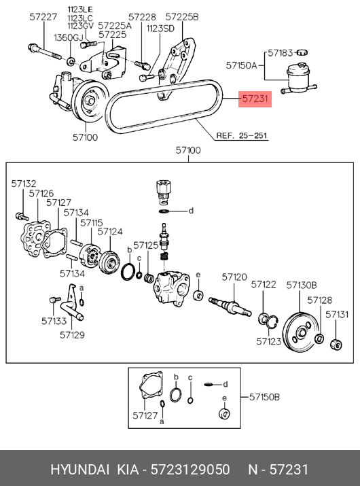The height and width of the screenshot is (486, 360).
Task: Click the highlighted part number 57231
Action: point(255,99)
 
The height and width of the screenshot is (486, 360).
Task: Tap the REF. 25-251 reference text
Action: point(242,136)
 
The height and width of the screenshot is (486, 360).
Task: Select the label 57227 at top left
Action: point(43,17)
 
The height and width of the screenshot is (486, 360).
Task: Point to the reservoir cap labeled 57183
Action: point(302,53)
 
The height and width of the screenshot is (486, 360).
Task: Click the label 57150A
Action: point(241,65)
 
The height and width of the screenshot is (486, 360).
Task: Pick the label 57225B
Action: point(182,17)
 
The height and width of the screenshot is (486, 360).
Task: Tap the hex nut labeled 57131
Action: point(336,345)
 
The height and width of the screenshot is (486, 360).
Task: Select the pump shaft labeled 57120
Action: point(230,307)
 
